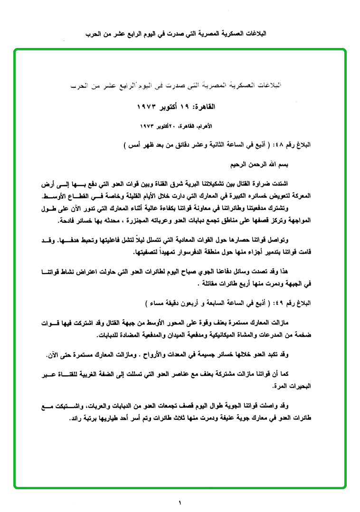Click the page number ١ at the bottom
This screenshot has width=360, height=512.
[x=180, y=502]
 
